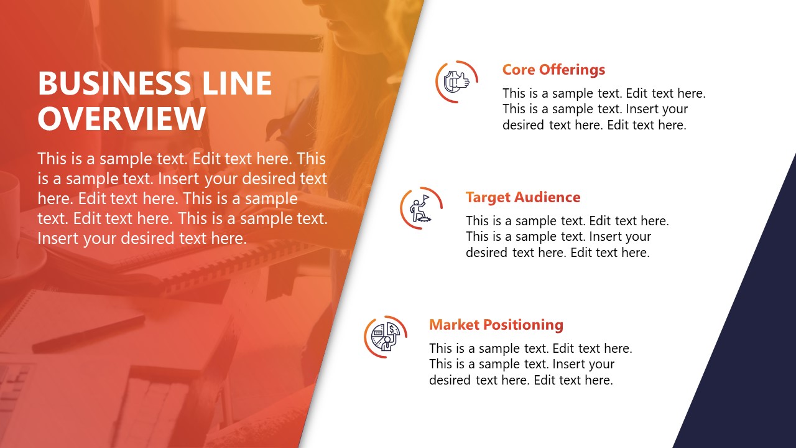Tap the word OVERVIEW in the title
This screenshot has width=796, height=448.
point(122,119)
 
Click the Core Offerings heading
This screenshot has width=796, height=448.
point(553,70)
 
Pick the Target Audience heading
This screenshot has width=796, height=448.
point(522,197)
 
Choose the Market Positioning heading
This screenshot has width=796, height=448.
point(496,325)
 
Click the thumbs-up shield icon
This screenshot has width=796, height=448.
point(456,82)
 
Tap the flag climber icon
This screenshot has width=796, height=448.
point(421,208)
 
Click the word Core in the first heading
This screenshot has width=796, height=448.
point(519,70)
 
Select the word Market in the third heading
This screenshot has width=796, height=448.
point(454,325)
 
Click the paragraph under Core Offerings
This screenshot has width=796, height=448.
point(603,109)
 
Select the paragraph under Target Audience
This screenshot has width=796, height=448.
point(567,236)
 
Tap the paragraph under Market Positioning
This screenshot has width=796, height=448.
point(530,364)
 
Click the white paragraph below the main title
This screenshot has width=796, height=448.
point(182,198)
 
